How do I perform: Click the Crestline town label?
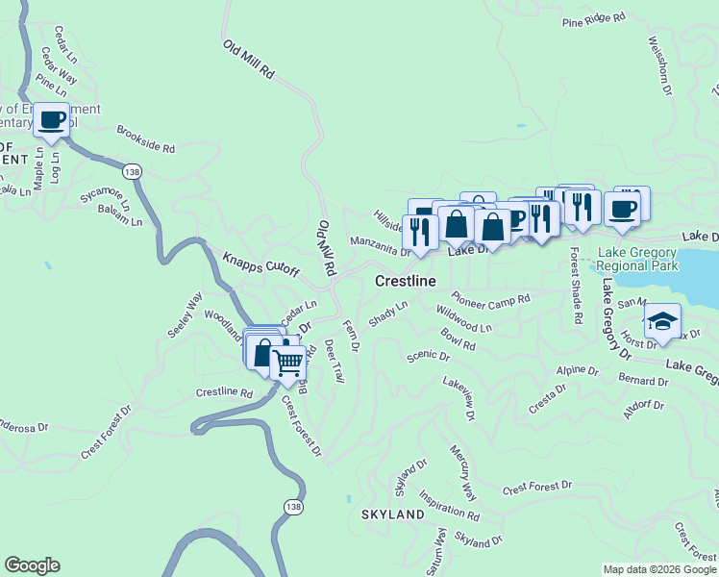pyautogui.click(x=404, y=281)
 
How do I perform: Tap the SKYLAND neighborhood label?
pyautogui.click(x=392, y=514)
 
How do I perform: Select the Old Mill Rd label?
pyautogui.click(x=249, y=59)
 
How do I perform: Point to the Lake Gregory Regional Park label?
pyautogui.click(x=637, y=260)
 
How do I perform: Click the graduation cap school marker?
pyautogui.click(x=662, y=321)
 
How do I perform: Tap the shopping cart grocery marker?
pyautogui.click(x=288, y=363)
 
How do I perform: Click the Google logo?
pyautogui.click(x=32, y=565)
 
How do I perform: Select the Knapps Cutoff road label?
pyautogui.click(x=261, y=265)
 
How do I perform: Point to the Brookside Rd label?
pyautogui.click(x=146, y=140)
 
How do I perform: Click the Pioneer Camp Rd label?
pyautogui.click(x=491, y=299)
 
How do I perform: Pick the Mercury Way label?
pyautogui.click(x=462, y=472)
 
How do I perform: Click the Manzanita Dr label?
pyautogui.click(x=380, y=246)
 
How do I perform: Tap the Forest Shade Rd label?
pyautogui.click(x=575, y=286)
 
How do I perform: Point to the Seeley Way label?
pyautogui.click(x=185, y=316)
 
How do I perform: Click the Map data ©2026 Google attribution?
pyautogui.click(x=659, y=569)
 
